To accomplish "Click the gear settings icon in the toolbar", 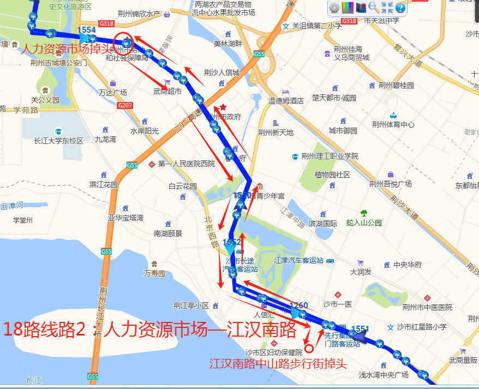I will [334, 8].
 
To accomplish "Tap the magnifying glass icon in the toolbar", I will [374, 8].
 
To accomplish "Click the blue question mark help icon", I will [400, 8].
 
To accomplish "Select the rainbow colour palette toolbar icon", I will [348, 8].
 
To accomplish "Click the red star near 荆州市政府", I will [223, 107].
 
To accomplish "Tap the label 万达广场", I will [112, 93].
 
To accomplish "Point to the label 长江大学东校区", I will [58, 141].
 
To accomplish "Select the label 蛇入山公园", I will [364, 223].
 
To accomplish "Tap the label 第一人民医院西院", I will [187, 164].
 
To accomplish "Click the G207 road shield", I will [125, 105].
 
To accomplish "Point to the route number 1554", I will [87, 30].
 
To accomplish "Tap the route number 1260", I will [299, 305].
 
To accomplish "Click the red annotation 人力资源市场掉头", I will [65, 49].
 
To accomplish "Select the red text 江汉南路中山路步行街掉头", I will [278, 363].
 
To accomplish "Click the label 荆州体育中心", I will [393, 124].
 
